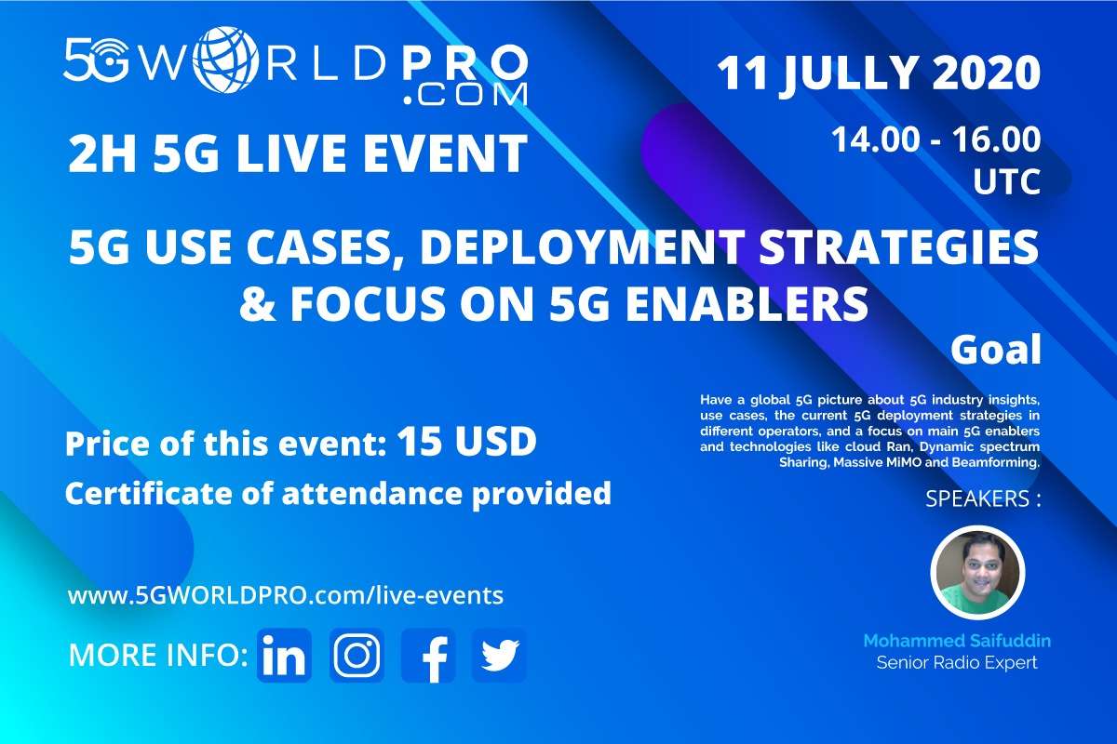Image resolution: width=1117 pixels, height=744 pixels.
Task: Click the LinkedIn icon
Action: pos(284,655)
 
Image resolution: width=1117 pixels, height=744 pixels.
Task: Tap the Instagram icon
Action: pos(357,655)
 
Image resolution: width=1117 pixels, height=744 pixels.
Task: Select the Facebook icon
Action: pos(428,655)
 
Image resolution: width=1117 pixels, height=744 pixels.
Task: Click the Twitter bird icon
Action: pos(499,655)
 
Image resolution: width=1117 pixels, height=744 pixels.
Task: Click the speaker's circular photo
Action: pos(977,572)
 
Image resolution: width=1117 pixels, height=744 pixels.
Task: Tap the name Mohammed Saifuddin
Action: pos(957,641)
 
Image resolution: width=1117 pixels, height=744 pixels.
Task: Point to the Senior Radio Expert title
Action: pos(957,662)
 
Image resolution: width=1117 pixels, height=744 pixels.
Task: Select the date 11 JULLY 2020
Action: pos(879,73)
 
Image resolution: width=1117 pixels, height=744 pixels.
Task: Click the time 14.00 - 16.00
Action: pos(936,139)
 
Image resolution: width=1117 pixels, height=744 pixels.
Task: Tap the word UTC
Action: pos(1007,181)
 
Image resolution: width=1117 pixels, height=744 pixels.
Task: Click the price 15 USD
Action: pos(466,442)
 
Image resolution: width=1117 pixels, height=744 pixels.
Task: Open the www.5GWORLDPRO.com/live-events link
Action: pos(285,595)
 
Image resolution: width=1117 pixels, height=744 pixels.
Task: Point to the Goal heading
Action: pos(996,350)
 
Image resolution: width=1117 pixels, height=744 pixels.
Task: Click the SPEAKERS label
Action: pos(983,498)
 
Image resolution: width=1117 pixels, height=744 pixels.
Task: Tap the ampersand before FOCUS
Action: pos(257,304)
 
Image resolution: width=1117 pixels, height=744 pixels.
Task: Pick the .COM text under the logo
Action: pos(464,94)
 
